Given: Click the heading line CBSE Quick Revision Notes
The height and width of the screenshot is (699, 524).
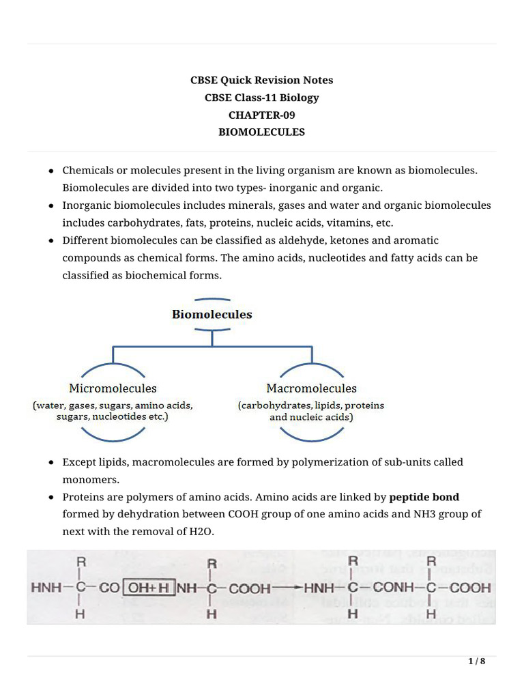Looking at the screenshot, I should click(x=261, y=80).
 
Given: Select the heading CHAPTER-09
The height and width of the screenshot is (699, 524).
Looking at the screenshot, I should click(x=261, y=115).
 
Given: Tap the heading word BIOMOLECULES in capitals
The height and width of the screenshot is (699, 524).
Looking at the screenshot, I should click(x=261, y=132).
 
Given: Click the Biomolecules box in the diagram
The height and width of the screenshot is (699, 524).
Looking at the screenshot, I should click(x=212, y=315).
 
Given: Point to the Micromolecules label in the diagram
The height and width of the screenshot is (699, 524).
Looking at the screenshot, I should click(x=113, y=388).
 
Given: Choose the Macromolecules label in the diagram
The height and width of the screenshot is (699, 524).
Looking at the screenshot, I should click(x=311, y=388).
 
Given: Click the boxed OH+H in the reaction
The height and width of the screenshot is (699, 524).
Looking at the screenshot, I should click(x=148, y=586).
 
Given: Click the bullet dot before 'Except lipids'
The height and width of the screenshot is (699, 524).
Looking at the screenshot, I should click(x=52, y=463).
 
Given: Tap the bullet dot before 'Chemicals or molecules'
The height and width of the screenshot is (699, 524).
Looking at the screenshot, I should click(x=52, y=171).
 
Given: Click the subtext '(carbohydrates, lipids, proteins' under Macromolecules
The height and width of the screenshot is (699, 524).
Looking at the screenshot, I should click(x=311, y=405).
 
